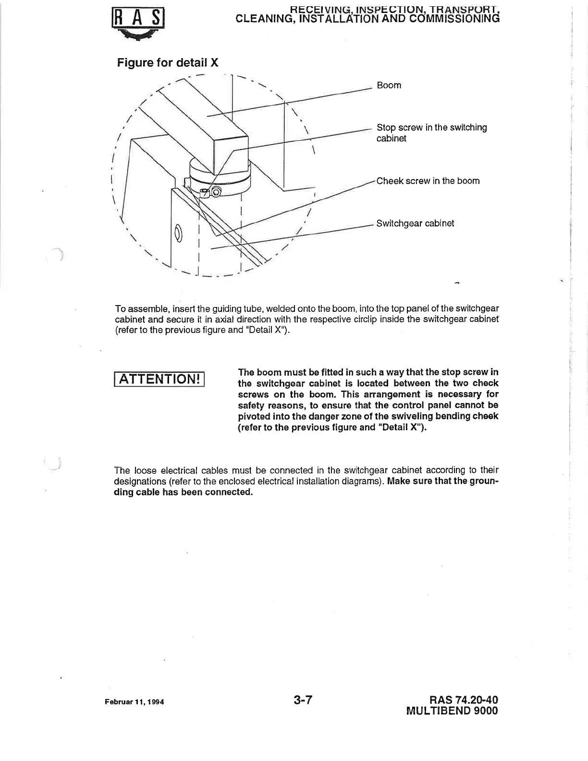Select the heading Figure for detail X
pyautogui.click(x=168, y=62)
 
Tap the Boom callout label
pyautogui.click(x=389, y=86)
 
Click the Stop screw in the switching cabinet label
pyautogui.click(x=431, y=133)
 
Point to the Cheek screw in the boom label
pyautogui.click(x=428, y=181)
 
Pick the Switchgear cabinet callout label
pyautogui.click(x=415, y=223)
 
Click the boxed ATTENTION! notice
pyautogui.click(x=159, y=379)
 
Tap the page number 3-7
pyautogui.click(x=303, y=700)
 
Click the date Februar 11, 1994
pyautogui.click(x=135, y=702)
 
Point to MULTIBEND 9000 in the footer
pyautogui.click(x=452, y=711)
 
